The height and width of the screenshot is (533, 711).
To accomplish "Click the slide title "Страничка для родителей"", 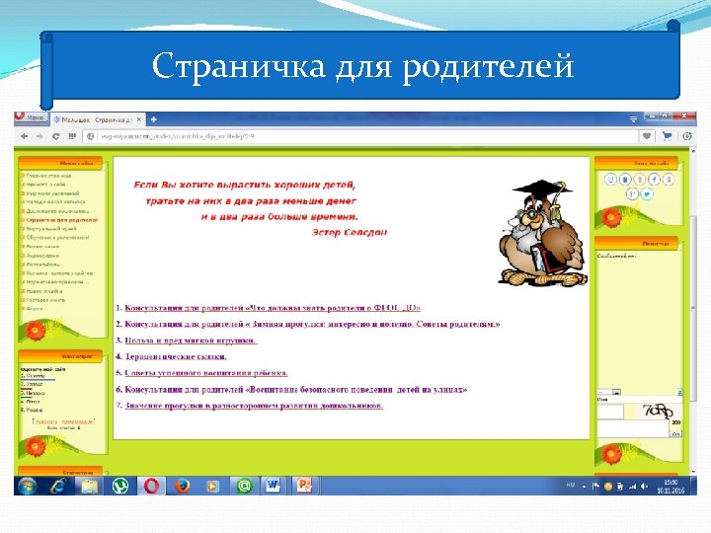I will click(362, 66).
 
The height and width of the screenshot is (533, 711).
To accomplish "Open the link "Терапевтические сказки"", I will click(175, 356).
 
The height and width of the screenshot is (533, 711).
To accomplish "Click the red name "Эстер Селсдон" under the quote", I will click(352, 233).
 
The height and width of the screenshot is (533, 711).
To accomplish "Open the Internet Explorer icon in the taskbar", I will click(57, 486).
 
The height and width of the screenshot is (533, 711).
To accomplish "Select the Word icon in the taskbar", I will click(274, 486).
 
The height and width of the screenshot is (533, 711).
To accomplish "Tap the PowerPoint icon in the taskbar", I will click(304, 486).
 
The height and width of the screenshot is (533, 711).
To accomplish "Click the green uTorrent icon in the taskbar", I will click(119, 486).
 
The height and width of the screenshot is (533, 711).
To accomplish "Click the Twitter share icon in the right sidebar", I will click(646, 193).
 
